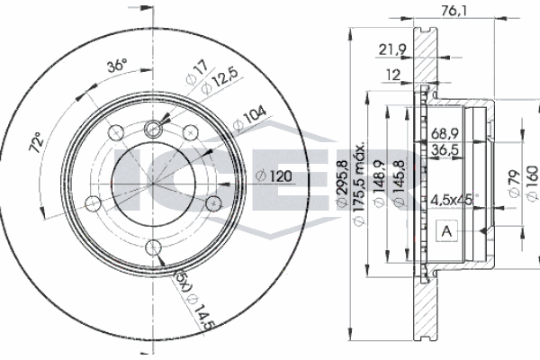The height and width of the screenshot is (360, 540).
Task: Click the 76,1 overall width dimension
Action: point(454,12)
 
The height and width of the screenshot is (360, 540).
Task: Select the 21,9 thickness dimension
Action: point(392,49)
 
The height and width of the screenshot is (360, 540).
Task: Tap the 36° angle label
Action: point(117,65)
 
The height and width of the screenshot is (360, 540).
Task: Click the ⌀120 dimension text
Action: point(274,176)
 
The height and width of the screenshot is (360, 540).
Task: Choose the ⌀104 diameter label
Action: point(249,118)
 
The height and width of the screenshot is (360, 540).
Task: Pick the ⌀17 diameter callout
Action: point(197,72)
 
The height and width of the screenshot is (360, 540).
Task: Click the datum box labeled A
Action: point(446,231)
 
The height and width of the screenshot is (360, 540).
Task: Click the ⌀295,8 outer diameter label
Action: point(342,184)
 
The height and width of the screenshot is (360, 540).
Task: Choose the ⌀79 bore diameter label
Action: point(514,184)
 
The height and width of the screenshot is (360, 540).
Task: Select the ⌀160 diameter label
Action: point(532,183)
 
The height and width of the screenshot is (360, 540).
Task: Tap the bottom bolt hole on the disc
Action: point(153,247)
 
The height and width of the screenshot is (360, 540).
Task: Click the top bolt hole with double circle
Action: point(153,129)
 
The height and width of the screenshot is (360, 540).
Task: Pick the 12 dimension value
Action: point(393,75)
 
